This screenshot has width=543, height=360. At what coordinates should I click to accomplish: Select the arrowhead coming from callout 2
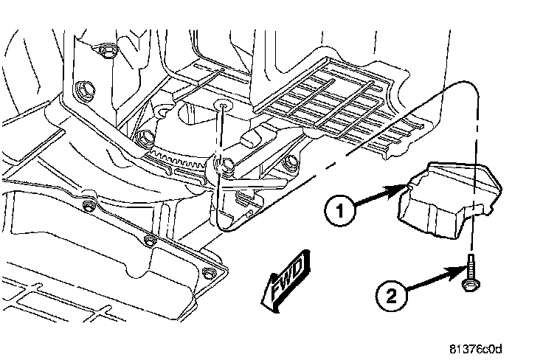(460, 271)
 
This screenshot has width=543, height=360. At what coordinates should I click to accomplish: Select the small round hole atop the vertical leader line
(221, 105)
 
